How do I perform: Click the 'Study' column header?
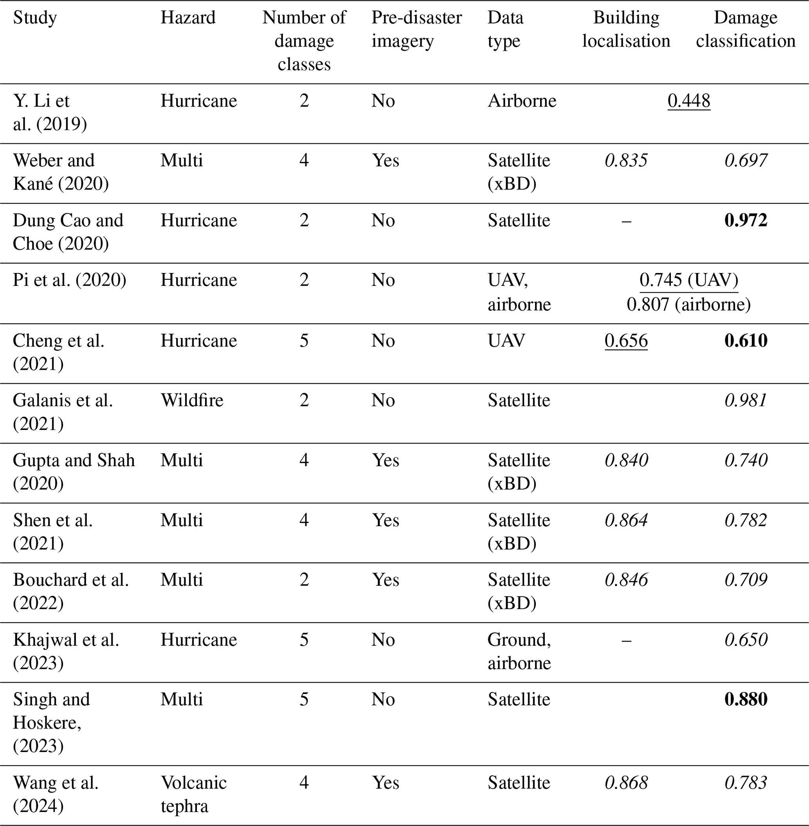[x=35, y=18]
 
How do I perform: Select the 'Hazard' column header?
[x=188, y=18]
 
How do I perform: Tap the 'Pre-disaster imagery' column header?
[x=416, y=29]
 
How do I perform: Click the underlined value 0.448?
[x=689, y=101]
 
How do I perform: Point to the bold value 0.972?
[x=746, y=220]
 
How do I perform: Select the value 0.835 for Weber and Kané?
[x=626, y=160]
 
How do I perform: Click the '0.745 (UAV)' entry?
[x=689, y=280]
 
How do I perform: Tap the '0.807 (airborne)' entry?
[x=689, y=304]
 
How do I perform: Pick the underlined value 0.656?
[x=626, y=340]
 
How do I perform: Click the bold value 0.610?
[x=746, y=340]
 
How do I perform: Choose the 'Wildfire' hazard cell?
[x=192, y=400]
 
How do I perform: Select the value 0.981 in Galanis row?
[x=746, y=400]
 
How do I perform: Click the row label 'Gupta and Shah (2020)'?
[x=74, y=472]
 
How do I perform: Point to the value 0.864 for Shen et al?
[x=626, y=520]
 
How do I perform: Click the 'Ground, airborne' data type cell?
[x=519, y=651]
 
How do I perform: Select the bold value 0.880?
[x=746, y=699]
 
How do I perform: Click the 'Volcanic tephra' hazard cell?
[x=193, y=794]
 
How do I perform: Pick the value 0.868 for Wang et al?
[x=626, y=783]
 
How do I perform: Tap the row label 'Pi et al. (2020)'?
[x=69, y=280]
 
